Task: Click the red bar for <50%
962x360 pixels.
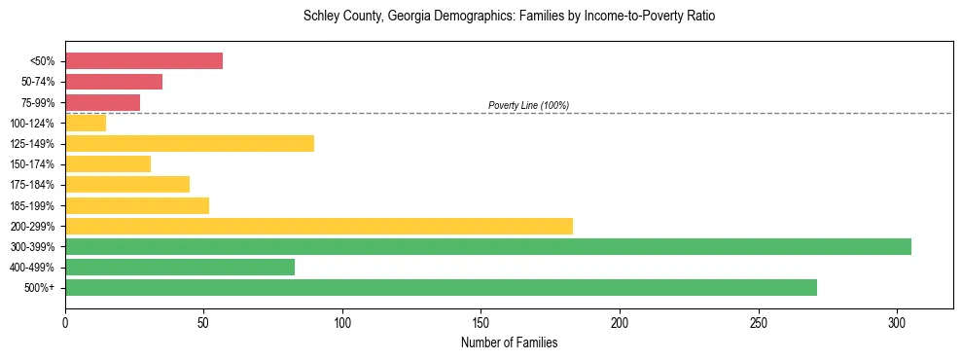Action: pos(144,61)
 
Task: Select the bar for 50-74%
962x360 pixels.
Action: pos(114,82)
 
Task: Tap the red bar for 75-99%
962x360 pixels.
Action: pos(102,102)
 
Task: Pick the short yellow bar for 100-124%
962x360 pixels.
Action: pos(86,123)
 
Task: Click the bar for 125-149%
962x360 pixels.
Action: pos(190,144)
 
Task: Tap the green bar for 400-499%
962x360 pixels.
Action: pos(180,268)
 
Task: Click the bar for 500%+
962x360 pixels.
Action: pos(441,288)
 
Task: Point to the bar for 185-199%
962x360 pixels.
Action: pos(137,205)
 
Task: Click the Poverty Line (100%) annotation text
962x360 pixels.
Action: pos(528,105)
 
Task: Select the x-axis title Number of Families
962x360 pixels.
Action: pos(509,343)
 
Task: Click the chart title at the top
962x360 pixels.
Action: pos(509,17)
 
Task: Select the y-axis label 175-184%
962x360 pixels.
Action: pos(36,185)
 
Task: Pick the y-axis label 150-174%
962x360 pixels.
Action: pos(36,164)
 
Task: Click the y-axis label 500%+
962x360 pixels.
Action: pos(42,288)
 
